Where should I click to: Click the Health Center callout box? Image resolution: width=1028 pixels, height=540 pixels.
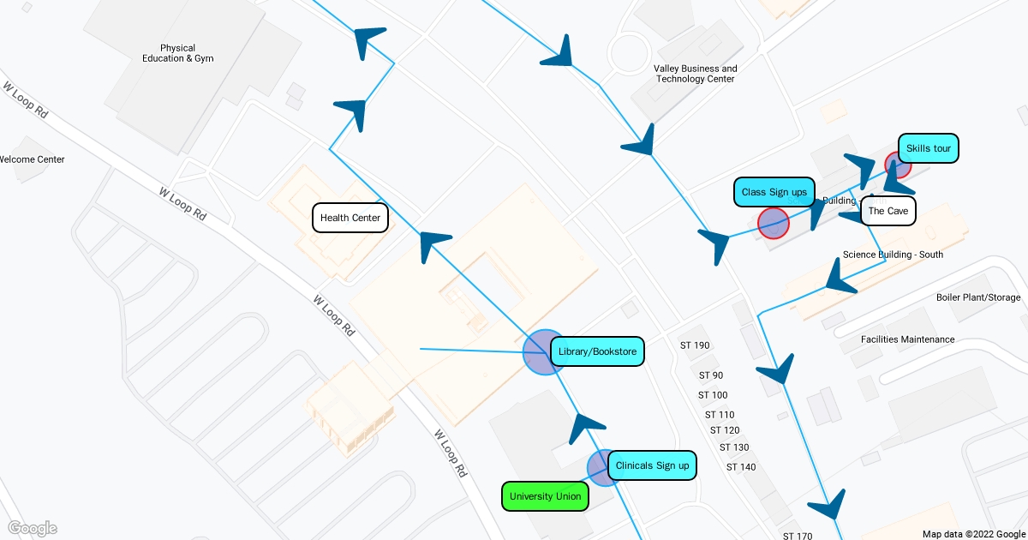(350, 218)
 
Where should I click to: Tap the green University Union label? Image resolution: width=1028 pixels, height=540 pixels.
(545, 496)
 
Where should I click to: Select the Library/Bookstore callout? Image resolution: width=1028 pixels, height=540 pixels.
(597, 351)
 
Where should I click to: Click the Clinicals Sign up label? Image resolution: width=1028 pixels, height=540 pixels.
(652, 465)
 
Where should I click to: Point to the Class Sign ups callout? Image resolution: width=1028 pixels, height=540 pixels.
(774, 192)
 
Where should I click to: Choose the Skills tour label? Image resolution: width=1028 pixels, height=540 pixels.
(929, 148)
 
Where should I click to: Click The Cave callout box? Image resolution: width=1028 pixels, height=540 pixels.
(888, 211)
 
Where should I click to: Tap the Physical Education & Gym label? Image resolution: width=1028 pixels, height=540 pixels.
(178, 53)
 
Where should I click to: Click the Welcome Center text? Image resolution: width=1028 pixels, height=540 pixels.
(32, 159)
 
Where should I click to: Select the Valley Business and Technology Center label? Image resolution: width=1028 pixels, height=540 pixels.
(695, 74)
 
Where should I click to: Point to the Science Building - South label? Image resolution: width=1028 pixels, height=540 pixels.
(893, 255)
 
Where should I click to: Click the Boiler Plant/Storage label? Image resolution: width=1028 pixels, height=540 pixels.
(978, 297)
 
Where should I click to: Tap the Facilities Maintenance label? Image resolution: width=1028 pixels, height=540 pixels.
(907, 339)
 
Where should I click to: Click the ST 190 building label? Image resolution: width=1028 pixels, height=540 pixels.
(695, 345)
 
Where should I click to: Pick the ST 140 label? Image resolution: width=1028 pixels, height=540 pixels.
(741, 467)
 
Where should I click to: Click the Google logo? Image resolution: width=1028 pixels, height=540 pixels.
(33, 528)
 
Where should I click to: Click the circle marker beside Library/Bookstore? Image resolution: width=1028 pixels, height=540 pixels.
(545, 352)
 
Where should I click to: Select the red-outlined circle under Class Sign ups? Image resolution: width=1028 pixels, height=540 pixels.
(774, 223)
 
